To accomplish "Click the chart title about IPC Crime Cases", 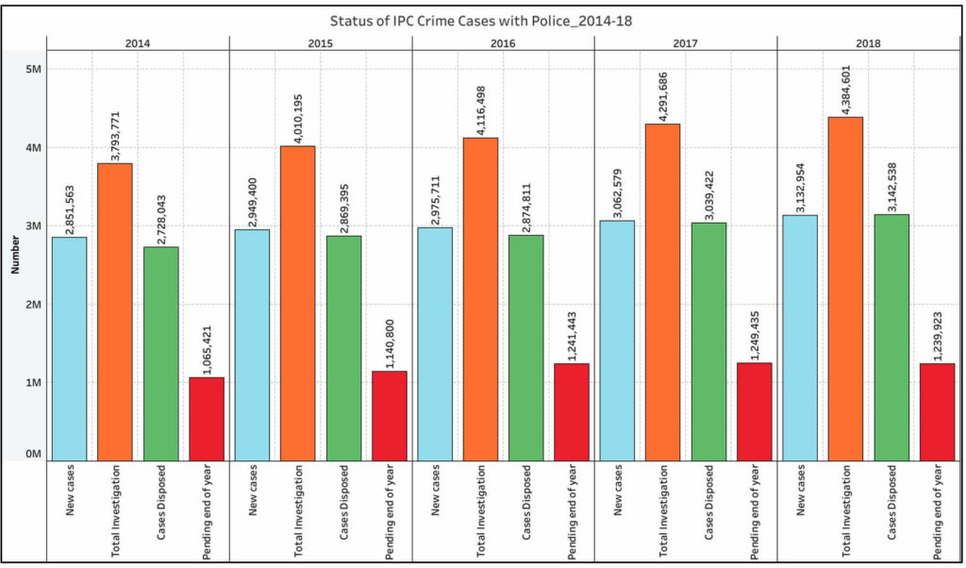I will [x=482, y=20].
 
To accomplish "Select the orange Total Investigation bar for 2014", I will [x=115, y=311].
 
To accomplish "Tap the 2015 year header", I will [x=320, y=42].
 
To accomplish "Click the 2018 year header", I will [x=868, y=42].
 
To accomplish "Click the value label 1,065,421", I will [x=208, y=345].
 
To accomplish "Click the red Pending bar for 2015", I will [x=390, y=414].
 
